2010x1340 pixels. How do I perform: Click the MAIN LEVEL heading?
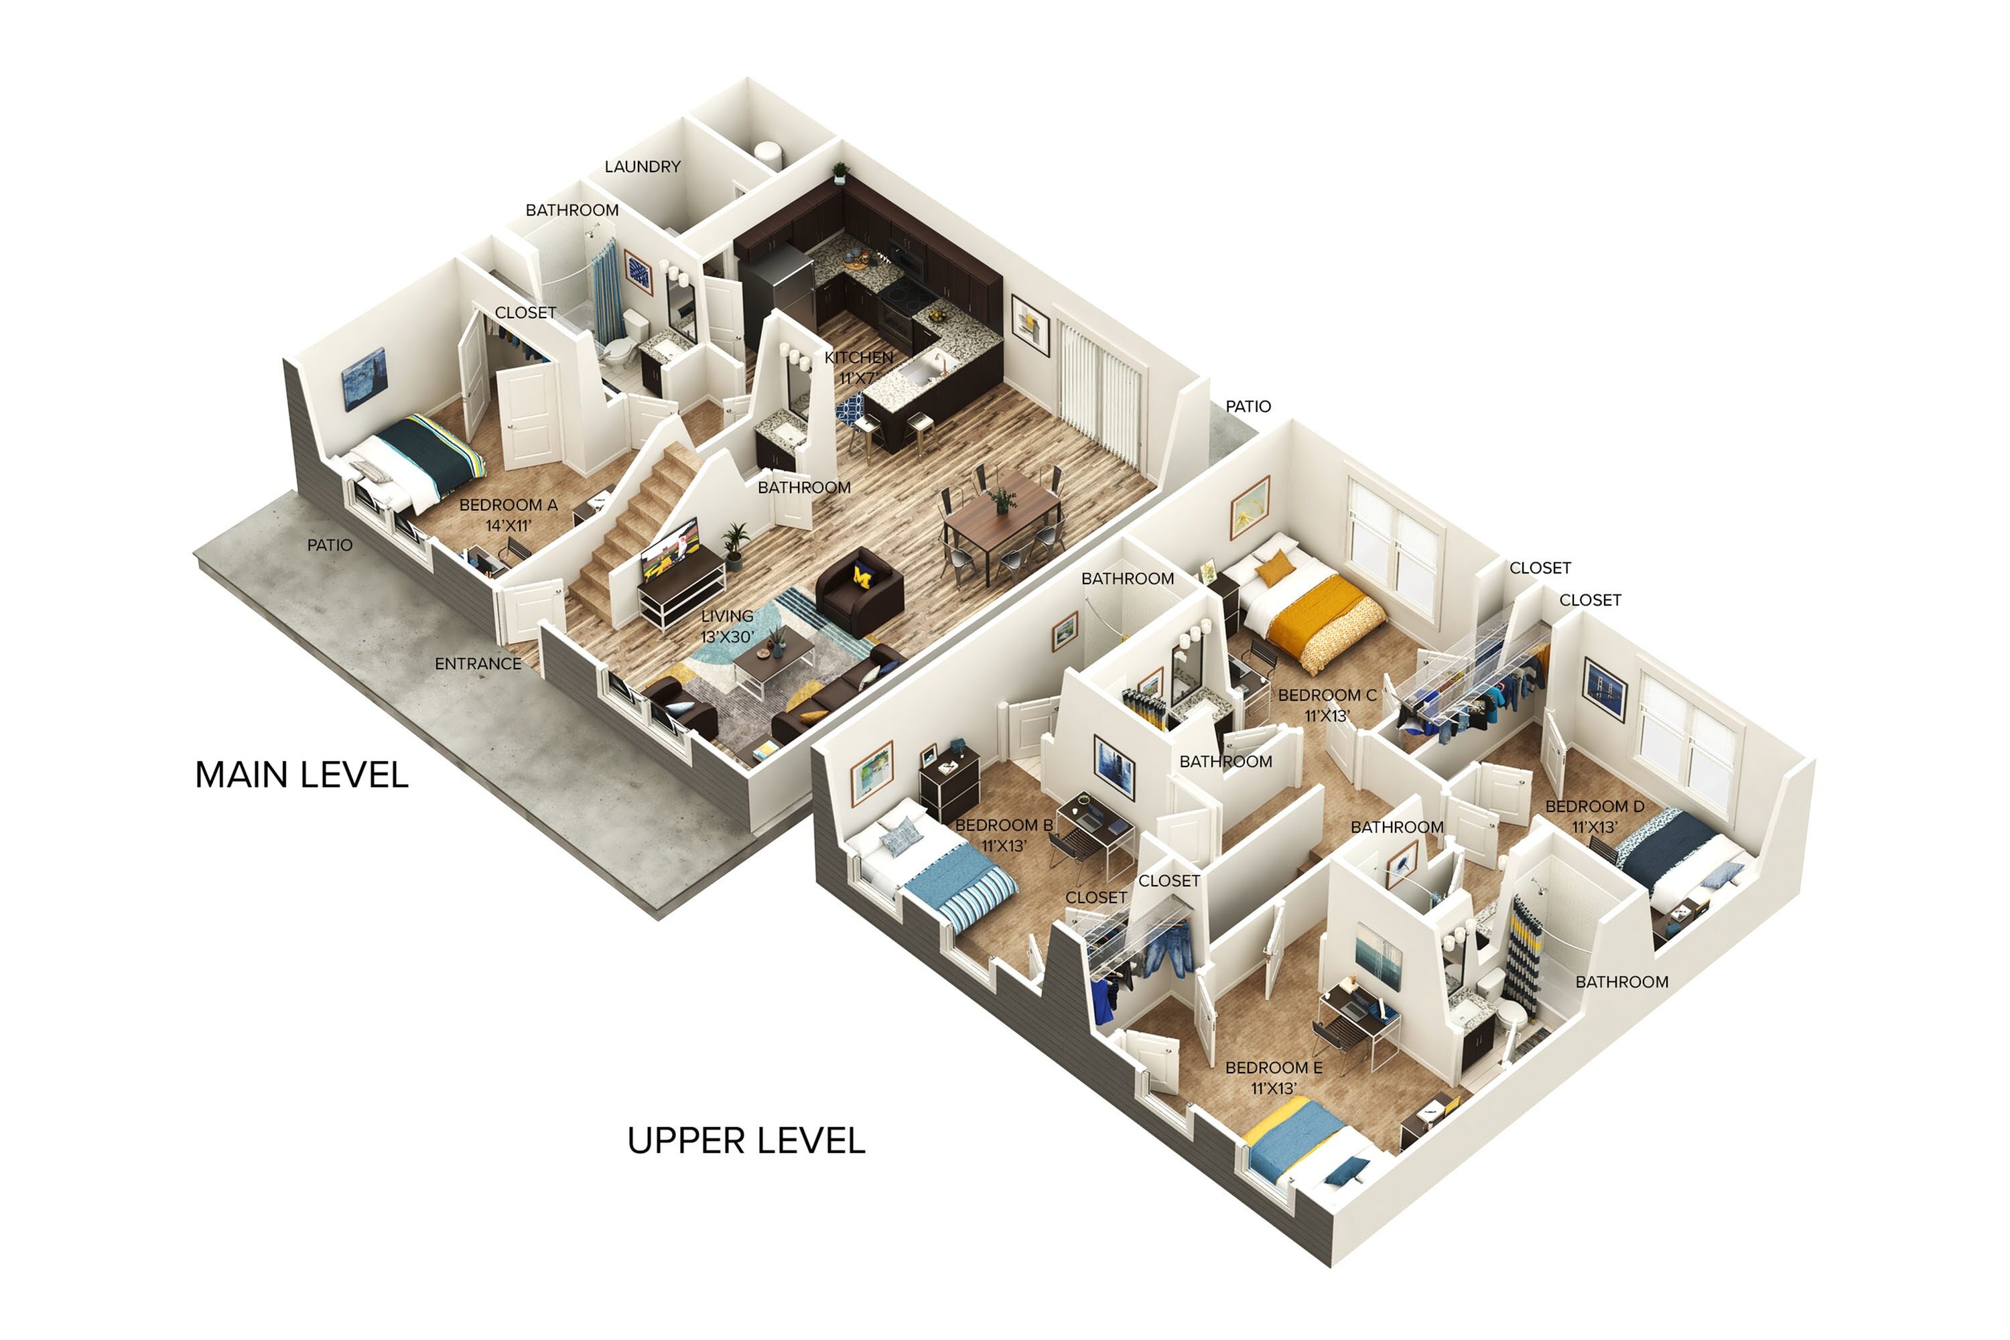pyautogui.click(x=301, y=775)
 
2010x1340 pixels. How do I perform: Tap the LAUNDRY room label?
pyautogui.click(x=642, y=167)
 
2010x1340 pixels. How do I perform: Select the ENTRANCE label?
pyautogui.click(x=477, y=664)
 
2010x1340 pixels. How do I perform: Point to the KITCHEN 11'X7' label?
pyautogui.click(x=858, y=366)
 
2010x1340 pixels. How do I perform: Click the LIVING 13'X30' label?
pyautogui.click(x=726, y=626)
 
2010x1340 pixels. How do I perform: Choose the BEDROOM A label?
pyautogui.click(x=508, y=515)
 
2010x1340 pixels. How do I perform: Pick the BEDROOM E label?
pyautogui.click(x=1274, y=1077)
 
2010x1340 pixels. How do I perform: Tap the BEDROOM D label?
pyautogui.click(x=1594, y=816)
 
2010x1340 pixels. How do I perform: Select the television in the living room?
pyautogui.click(x=669, y=548)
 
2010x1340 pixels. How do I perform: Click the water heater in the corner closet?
pyautogui.click(x=767, y=155)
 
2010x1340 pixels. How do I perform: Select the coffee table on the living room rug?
pyautogui.click(x=773, y=659)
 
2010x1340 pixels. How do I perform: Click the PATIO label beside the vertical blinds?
pyautogui.click(x=1248, y=407)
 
